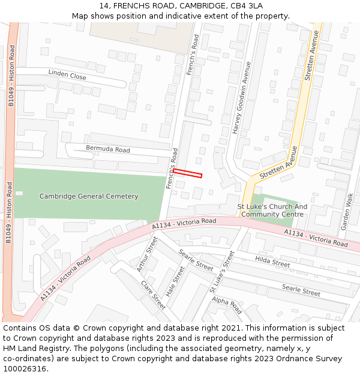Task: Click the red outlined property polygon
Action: point(187,173)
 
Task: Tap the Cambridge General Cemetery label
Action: point(89,196)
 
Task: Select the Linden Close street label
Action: point(67,75)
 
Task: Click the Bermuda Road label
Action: point(108,149)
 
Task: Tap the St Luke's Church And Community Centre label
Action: point(272,211)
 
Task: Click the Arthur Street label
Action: point(146,254)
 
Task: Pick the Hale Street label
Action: point(175,281)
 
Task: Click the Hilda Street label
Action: point(272,262)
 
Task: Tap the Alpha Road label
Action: point(226,305)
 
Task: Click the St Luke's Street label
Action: point(221,272)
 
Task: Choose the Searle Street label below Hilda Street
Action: point(301,291)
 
